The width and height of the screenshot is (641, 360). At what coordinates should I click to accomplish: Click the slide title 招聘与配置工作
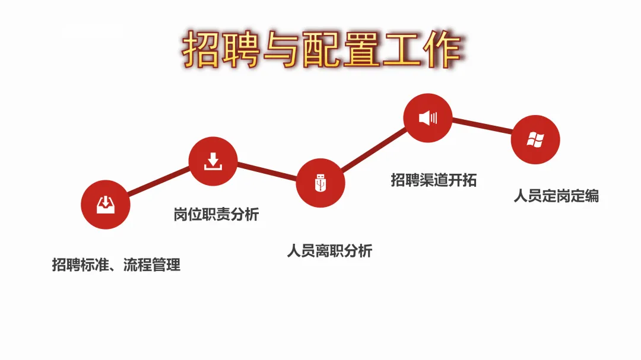point(321,50)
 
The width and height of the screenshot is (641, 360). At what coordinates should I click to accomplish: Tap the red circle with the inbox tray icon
point(105,205)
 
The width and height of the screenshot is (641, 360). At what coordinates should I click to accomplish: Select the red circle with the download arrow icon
point(213,161)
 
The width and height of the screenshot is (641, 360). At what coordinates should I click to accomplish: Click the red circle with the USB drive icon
point(320,183)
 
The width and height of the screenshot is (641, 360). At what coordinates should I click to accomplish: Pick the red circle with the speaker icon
point(427,117)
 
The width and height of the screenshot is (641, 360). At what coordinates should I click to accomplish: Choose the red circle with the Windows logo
point(535,139)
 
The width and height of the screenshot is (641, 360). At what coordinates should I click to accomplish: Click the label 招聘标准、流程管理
point(116,265)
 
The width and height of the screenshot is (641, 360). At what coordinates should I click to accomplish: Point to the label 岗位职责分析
point(216,214)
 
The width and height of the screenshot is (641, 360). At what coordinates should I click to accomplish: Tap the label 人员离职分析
point(329,251)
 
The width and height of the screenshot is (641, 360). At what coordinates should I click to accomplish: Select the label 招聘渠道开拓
point(433,180)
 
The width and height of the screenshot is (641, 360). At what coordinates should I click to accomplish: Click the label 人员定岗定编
point(556,196)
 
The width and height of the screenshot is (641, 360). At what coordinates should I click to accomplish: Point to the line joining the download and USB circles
point(267,172)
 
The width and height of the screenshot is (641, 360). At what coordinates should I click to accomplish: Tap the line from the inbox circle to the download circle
point(159,183)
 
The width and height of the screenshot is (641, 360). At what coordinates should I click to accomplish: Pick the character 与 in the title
point(281,50)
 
